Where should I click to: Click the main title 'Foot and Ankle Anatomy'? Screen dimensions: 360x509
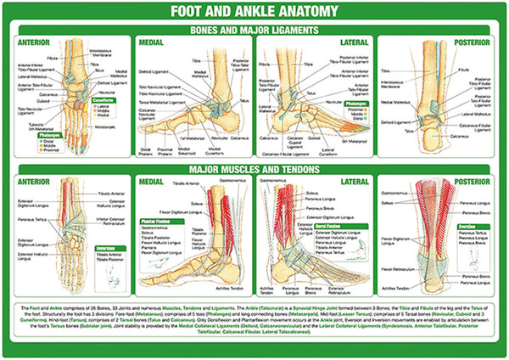click(254, 13)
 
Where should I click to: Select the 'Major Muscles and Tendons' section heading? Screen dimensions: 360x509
click(254, 169)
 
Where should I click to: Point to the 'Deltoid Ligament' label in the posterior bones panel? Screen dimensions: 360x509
click(395, 121)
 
